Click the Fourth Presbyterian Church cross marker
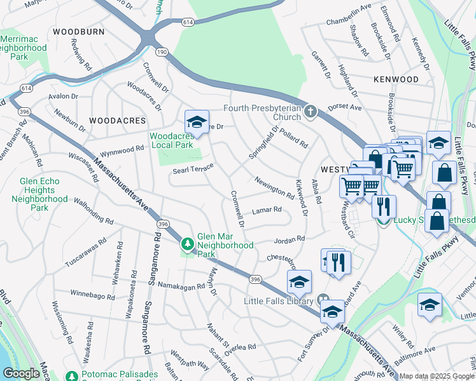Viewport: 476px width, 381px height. click(310, 112)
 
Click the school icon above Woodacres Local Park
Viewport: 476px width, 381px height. click(197, 123)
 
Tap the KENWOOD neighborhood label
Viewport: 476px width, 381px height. click(396, 79)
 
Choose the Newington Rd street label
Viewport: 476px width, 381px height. click(274, 187)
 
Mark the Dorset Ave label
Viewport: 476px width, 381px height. click(344, 108)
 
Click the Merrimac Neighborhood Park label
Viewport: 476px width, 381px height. click(24, 48)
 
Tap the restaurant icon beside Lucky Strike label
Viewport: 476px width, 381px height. click(384, 207)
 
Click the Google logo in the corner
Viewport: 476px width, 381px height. click(21, 373)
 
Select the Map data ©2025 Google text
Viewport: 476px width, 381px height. click(437, 376)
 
